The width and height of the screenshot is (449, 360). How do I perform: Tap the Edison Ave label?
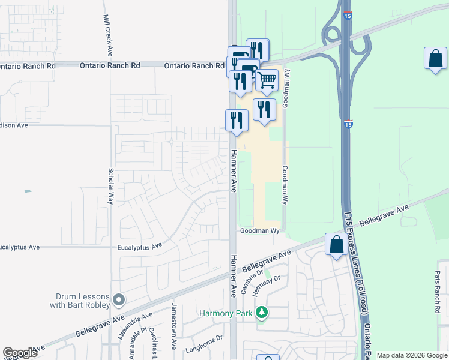point(14,125)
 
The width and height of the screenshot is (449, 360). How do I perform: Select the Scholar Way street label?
point(111,186)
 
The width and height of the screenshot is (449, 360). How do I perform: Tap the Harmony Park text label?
point(227,313)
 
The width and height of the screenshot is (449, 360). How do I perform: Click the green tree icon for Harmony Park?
point(261,313)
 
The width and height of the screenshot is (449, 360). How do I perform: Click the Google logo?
point(20,353)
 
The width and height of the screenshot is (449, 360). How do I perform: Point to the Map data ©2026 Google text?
point(412,355)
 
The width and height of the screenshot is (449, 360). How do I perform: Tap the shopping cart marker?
point(267,80)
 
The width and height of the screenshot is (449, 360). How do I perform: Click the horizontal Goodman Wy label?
point(261,230)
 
